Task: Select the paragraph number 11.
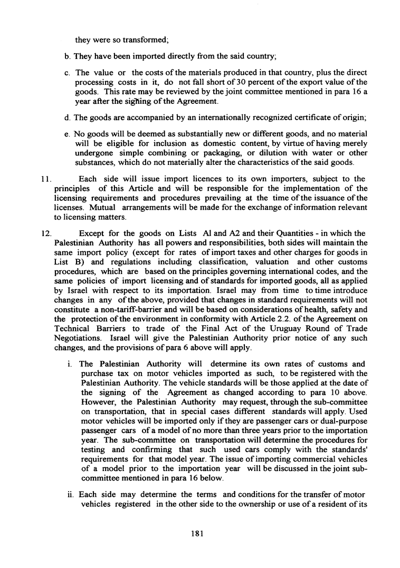[x=44, y=179]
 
